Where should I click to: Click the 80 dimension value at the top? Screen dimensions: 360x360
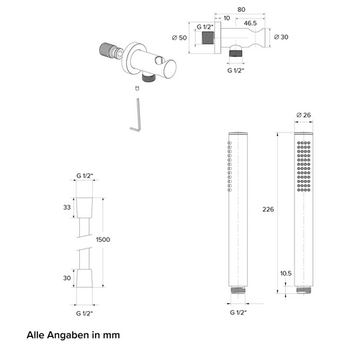tap(241, 9)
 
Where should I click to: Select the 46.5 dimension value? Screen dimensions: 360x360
tap(251, 23)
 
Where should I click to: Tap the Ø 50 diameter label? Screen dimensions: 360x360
tap(179, 37)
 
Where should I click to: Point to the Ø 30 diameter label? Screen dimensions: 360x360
tap(281, 37)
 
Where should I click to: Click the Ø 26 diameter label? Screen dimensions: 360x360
tap(304, 115)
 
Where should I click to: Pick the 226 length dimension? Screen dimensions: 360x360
tap(268, 210)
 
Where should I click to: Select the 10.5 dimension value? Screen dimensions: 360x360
tap(286, 274)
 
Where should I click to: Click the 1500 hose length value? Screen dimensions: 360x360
tap(103, 240)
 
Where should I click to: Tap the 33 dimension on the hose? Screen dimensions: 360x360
tap(67, 207)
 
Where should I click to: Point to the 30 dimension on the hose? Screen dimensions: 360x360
tap(67, 278)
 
